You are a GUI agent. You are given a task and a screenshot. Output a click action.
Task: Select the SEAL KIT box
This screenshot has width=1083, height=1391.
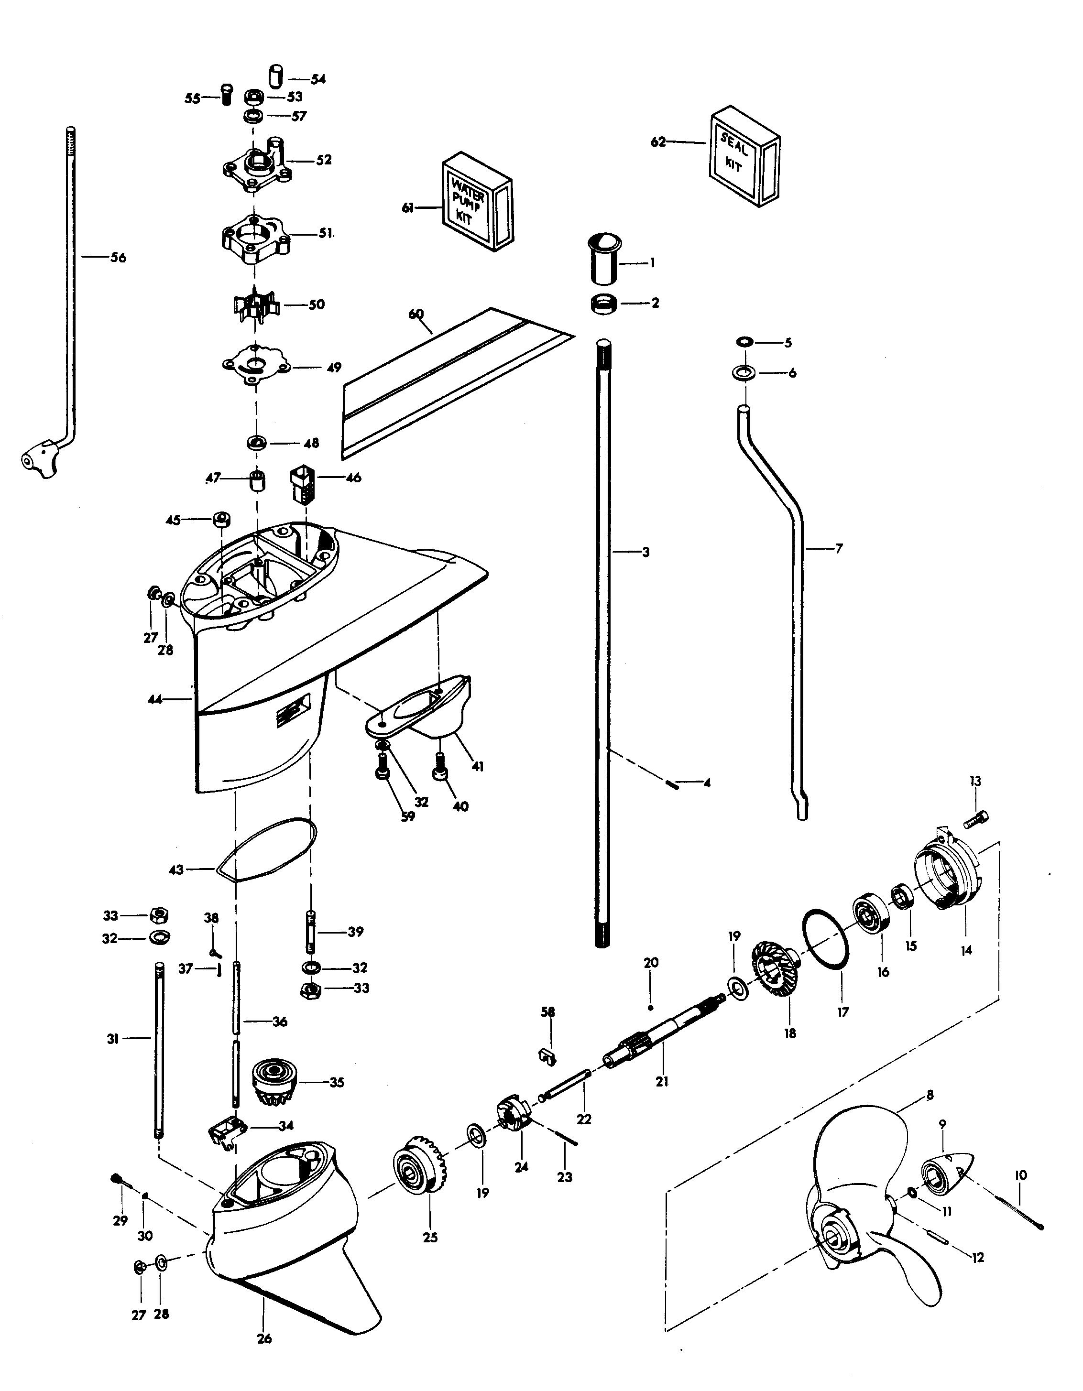tap(743, 155)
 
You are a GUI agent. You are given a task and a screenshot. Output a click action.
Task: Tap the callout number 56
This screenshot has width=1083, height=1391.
tap(119, 258)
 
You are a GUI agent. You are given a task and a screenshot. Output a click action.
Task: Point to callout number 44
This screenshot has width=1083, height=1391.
tap(155, 699)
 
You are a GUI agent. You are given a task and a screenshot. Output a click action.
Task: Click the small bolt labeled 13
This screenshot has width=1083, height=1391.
tap(976, 820)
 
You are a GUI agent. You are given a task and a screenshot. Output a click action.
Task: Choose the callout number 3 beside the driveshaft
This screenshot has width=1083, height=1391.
tap(645, 552)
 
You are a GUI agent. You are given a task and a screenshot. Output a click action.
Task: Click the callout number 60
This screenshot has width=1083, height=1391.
tap(416, 314)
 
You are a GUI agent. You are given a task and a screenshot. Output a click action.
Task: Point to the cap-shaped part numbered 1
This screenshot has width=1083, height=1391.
tap(604, 259)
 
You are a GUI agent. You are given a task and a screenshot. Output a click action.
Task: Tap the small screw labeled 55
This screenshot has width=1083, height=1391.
tap(226, 94)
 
